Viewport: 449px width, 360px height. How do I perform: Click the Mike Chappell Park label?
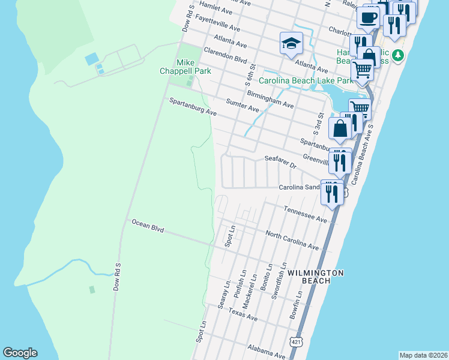click(194, 67)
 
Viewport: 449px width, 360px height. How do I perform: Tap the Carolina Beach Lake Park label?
click(306, 80)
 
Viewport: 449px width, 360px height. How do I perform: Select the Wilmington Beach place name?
click(315, 277)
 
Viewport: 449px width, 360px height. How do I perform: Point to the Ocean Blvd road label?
click(148, 226)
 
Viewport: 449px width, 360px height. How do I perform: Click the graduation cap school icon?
click(291, 43)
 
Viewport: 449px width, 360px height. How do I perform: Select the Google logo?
click(20, 353)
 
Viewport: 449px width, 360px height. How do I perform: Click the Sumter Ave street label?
click(242, 106)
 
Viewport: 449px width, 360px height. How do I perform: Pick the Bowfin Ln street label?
click(295, 305)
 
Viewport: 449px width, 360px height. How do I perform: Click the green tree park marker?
click(397, 56)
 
